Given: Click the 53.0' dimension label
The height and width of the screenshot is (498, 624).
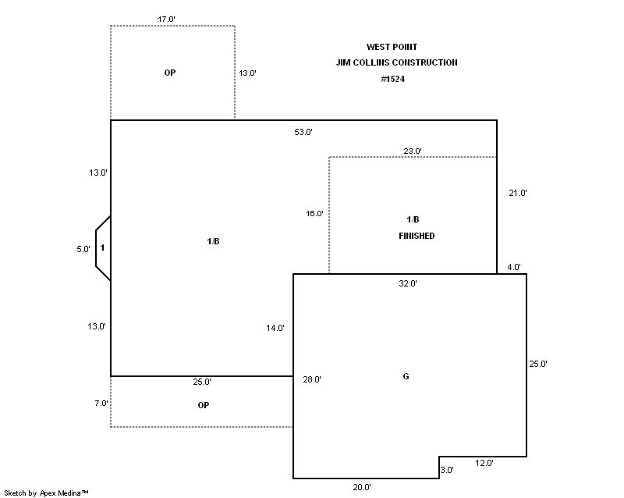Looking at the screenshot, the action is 303,132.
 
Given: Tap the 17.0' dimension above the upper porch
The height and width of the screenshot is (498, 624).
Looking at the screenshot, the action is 166,19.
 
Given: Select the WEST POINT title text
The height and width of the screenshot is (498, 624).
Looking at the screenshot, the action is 392,47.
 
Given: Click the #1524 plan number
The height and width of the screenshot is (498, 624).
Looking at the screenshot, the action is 393,79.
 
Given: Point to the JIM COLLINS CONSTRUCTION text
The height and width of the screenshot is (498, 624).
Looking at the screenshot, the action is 397,62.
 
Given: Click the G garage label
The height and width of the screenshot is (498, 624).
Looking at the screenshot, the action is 406,376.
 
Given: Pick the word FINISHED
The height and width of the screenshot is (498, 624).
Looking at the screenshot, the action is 417,236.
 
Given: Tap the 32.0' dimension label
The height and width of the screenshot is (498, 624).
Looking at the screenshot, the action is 408,283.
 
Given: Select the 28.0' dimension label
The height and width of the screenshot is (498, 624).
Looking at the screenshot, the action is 312,379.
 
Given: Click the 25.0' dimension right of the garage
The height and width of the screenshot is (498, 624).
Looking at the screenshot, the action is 538,364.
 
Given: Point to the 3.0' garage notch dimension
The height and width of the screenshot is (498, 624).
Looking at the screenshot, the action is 446,470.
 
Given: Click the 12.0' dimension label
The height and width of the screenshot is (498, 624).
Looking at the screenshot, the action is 484,463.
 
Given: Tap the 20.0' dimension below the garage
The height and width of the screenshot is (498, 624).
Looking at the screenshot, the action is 362,487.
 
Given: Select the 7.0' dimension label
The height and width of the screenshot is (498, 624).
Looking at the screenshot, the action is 101,404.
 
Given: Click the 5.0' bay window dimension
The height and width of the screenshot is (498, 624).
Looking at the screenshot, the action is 83,250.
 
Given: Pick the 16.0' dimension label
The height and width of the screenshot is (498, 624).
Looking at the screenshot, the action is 314,214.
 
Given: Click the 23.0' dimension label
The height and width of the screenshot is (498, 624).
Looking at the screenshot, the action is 413,151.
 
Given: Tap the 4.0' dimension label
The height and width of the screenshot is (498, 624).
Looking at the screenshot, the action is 514,267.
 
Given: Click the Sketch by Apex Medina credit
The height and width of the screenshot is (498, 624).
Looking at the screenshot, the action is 47,493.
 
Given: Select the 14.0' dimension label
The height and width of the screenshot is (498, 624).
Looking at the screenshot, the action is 275,328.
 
